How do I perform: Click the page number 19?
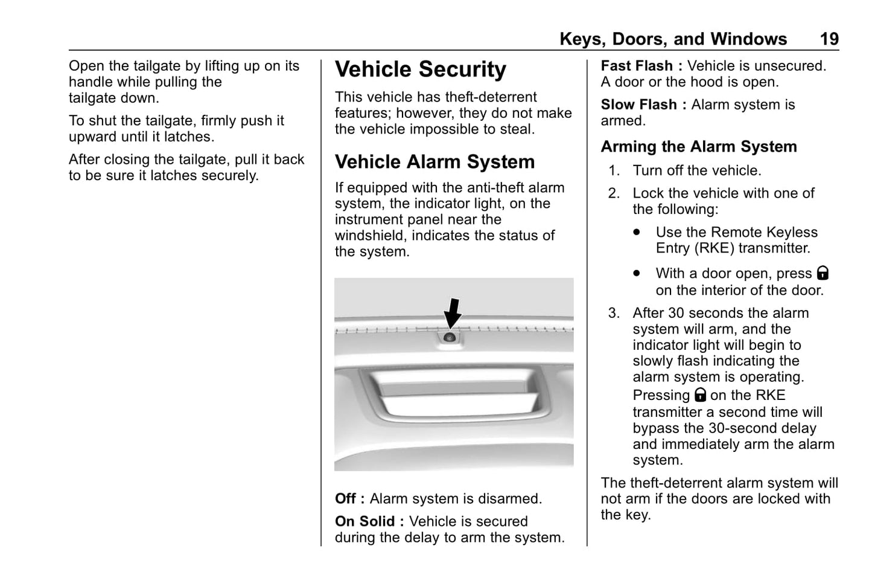829,39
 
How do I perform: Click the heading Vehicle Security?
420,69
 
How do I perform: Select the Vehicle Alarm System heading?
434,162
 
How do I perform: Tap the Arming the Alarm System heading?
698,147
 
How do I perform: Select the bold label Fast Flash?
637,66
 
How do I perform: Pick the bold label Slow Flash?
638,105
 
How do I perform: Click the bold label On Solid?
365,521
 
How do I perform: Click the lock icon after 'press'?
823,273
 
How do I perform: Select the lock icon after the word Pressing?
700,395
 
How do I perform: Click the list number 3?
614,313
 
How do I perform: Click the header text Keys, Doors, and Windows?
673,39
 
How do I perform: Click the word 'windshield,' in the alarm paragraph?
369,236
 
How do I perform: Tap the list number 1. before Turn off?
614,171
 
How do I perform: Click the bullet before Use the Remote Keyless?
637,232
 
